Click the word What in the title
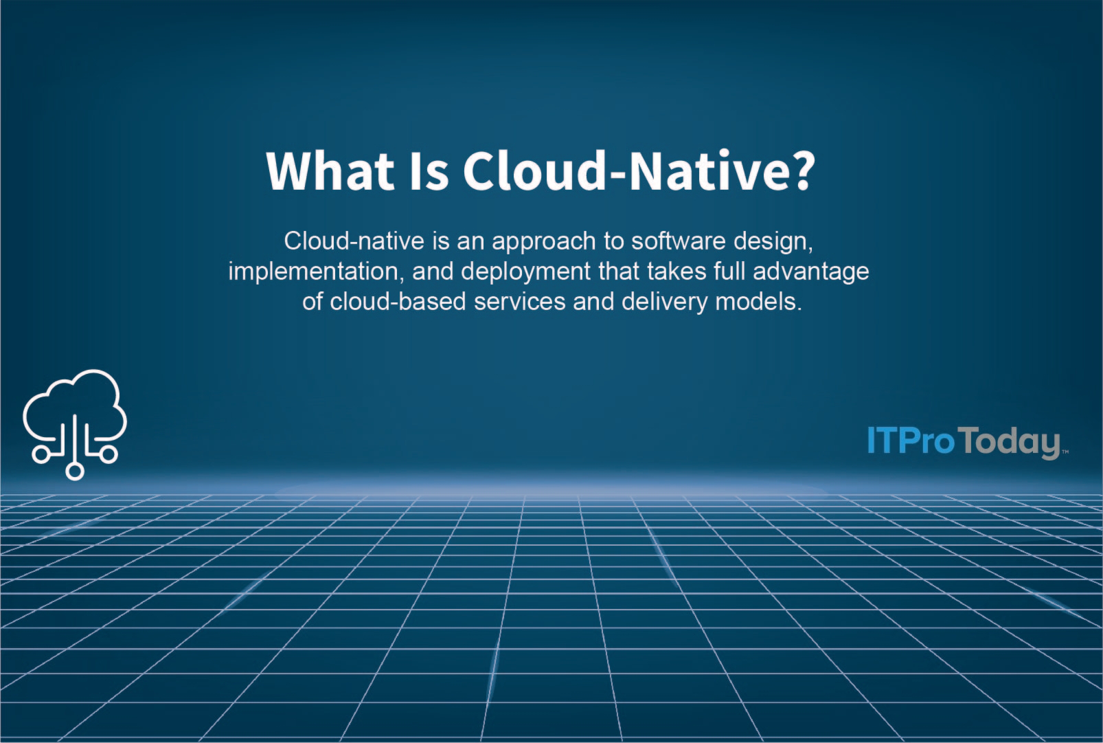[330, 170]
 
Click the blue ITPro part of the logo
[911, 441]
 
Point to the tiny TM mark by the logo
[1065, 452]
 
